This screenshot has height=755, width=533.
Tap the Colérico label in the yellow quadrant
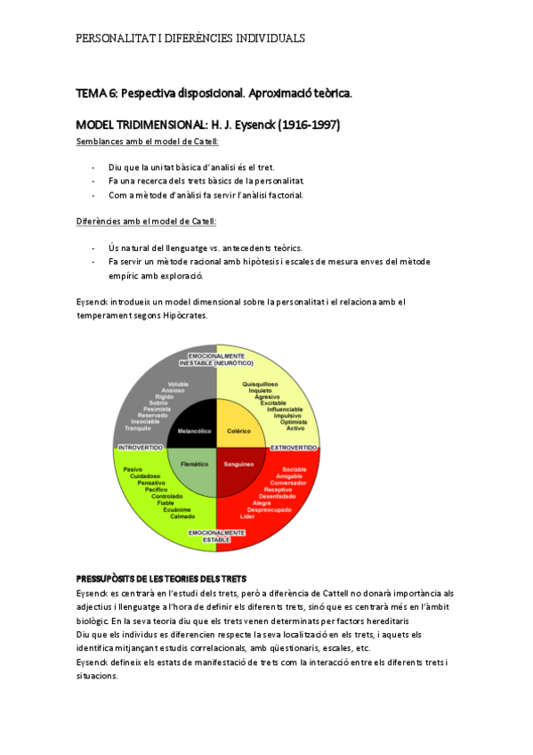(x=239, y=430)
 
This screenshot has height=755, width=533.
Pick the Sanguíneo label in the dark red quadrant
(x=239, y=464)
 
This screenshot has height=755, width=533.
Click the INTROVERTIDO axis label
(x=138, y=447)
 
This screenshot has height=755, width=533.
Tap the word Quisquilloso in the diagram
(x=262, y=384)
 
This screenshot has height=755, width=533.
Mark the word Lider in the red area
(x=247, y=516)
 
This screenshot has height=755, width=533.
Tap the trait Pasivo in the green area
(x=133, y=469)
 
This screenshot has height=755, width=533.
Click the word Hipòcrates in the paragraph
(x=184, y=316)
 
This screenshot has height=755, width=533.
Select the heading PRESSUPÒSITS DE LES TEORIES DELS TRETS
(x=167, y=580)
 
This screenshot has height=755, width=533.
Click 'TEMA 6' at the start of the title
(x=96, y=93)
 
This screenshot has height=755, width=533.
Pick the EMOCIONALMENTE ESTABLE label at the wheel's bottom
(x=217, y=536)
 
